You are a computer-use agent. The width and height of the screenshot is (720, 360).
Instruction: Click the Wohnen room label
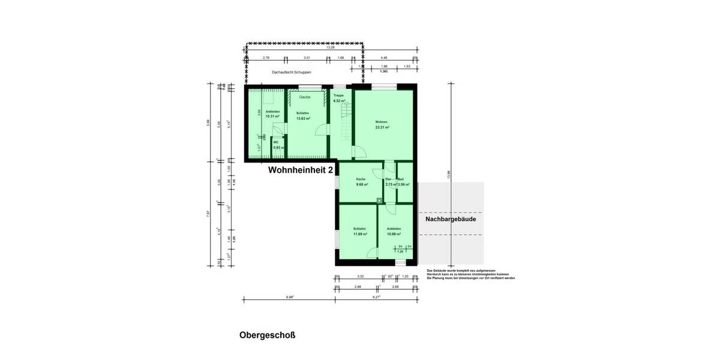click(x=382, y=122)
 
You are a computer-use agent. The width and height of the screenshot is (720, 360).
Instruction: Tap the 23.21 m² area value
click(x=382, y=128)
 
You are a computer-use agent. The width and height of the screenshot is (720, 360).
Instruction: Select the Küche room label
click(x=361, y=179)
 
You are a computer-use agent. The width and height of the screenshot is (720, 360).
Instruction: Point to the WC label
click(x=276, y=142)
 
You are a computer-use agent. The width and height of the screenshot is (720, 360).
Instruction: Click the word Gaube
click(x=305, y=97)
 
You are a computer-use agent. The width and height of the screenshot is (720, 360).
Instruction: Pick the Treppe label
click(x=338, y=96)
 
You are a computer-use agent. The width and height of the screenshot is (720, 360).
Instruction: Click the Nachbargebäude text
click(x=451, y=220)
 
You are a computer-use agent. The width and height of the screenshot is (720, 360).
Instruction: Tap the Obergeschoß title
click(x=267, y=335)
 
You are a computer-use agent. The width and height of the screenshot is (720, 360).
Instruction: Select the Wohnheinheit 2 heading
click(x=300, y=170)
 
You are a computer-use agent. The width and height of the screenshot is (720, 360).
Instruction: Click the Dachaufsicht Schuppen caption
click(x=291, y=71)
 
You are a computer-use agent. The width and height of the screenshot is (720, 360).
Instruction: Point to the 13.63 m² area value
click(x=303, y=118)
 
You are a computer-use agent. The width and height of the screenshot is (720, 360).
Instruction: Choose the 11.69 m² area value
click(x=360, y=234)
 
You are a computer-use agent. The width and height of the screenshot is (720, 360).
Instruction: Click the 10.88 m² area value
click(x=394, y=234)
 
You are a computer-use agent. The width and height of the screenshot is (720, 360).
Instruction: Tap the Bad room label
click(x=401, y=179)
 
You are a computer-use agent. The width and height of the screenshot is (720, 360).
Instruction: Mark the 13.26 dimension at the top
click(x=331, y=48)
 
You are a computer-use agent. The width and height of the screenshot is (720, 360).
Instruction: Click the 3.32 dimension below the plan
click(x=361, y=277)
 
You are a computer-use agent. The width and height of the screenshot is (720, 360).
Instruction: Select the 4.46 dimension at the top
click(x=385, y=58)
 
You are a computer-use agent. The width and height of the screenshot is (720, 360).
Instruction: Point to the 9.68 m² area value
click(x=361, y=185)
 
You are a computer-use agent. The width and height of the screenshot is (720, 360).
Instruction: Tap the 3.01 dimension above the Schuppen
click(x=307, y=58)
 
